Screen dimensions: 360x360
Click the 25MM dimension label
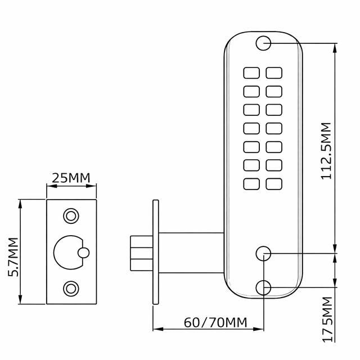(71, 178)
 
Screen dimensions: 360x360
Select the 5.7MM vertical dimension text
(13, 257)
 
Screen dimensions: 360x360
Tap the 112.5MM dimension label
(326, 151)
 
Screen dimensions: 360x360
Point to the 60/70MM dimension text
(215, 322)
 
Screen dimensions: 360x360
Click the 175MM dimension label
(327, 319)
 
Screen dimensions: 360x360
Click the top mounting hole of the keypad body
(263, 43)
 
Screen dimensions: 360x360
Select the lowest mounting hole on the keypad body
(263, 287)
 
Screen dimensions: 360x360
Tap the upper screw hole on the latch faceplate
(71, 216)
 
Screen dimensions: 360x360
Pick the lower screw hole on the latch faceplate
(71, 289)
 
